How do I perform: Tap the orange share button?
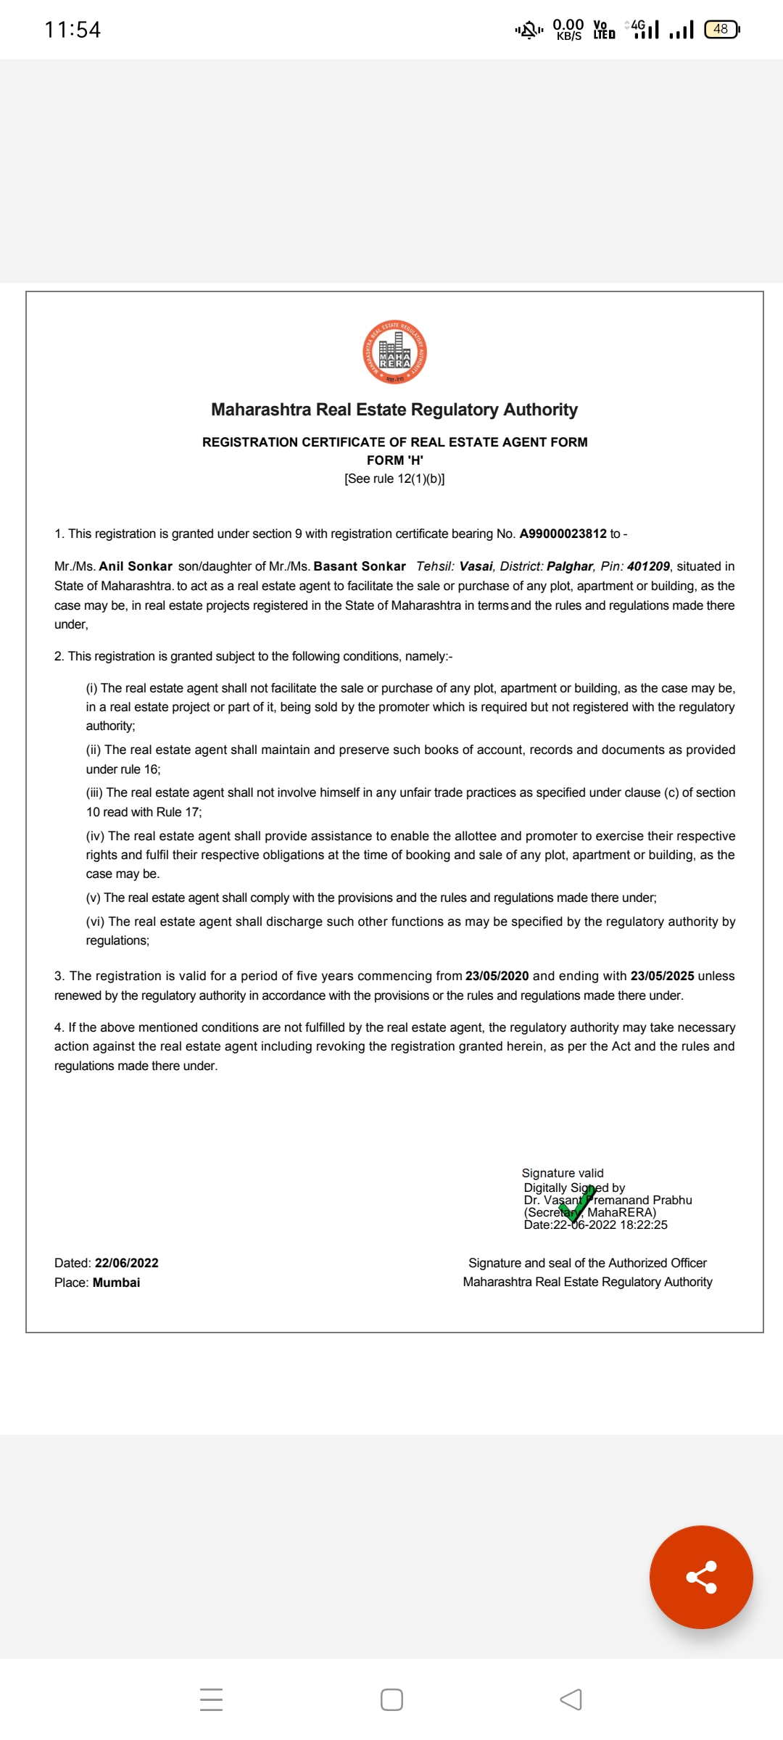[x=701, y=1577]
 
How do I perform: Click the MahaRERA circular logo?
[x=394, y=352]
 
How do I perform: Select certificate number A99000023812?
[x=563, y=534]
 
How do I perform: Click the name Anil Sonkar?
[x=136, y=566]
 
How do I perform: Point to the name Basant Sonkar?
[x=360, y=566]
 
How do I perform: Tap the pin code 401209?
[x=648, y=566]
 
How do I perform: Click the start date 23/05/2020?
[x=497, y=976]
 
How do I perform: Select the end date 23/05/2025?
[x=662, y=976]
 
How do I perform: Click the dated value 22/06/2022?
[x=126, y=1263]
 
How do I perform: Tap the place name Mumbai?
[x=116, y=1283]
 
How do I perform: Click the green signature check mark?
[x=577, y=1203]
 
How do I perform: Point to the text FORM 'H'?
[x=394, y=460]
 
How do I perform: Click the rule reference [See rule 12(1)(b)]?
[x=394, y=478]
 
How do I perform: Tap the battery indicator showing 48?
[x=721, y=29]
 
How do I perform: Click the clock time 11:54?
[x=72, y=30]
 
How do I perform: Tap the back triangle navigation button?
[x=571, y=1699]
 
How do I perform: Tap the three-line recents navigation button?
[x=211, y=1699]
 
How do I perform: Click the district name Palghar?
[x=570, y=566]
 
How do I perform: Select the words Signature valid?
[x=563, y=1173]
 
